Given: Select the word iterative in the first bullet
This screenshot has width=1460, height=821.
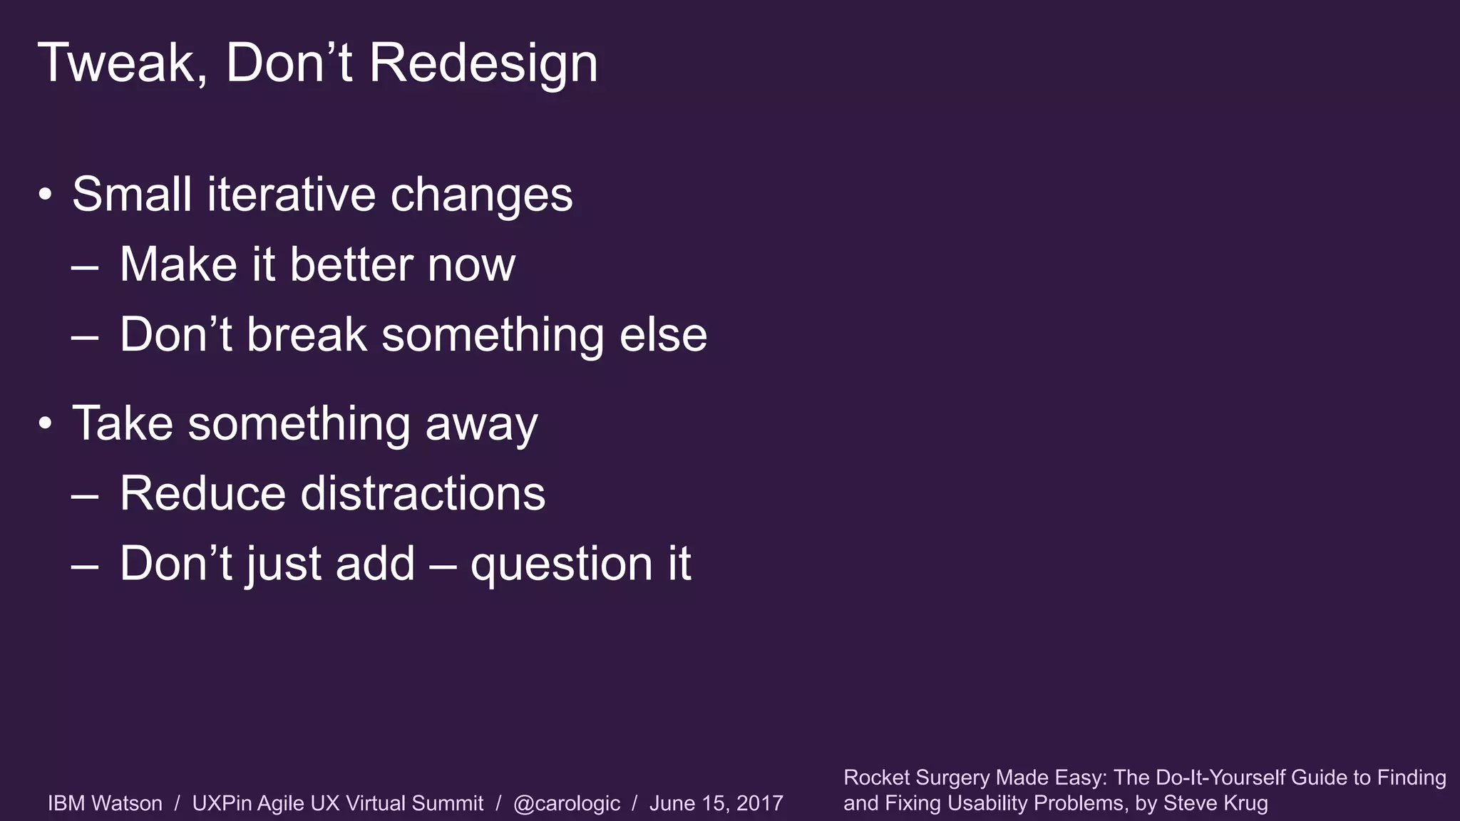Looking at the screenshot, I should tap(291, 194).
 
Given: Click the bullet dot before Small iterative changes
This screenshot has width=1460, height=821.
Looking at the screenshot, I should tap(46, 195).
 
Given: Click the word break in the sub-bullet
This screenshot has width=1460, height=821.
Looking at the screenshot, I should tap(307, 334).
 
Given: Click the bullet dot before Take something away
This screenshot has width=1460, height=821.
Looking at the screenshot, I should tap(46, 423).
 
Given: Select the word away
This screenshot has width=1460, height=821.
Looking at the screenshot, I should tap(481, 423).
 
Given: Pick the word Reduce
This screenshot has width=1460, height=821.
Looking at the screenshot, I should tap(202, 493).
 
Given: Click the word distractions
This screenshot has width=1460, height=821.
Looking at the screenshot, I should tap(423, 493).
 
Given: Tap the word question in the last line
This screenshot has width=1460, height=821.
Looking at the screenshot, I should tap(561, 564).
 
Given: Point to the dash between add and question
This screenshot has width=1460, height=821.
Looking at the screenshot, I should tap(443, 564).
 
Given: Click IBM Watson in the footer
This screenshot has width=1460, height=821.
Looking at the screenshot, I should tap(105, 803).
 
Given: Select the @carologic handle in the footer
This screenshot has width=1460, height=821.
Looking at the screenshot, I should tap(566, 803).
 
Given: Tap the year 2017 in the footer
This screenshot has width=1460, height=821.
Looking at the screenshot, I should tap(759, 803).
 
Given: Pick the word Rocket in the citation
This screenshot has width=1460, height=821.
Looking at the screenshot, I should tap(876, 778).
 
